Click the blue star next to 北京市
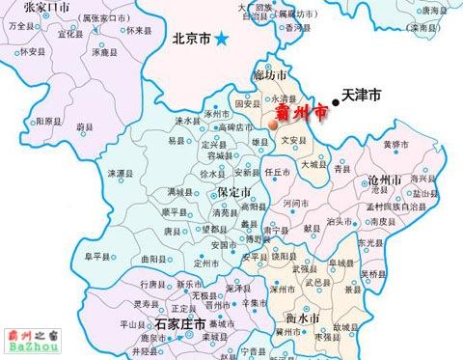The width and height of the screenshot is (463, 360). [x=224, y=39]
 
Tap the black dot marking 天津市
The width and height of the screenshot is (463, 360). [x=336, y=99]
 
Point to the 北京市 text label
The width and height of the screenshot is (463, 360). [x=190, y=40]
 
